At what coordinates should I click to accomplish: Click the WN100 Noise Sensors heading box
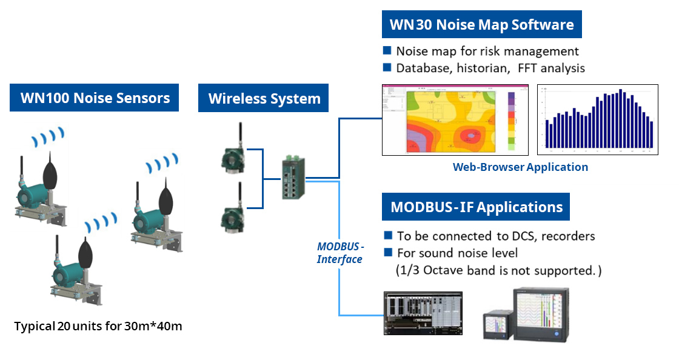[x=94, y=98]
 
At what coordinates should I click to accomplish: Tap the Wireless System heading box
[x=264, y=98]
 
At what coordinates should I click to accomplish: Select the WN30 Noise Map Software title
[x=481, y=25]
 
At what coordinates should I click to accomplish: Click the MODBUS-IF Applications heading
[x=476, y=207]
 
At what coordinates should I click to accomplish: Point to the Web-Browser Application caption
[x=520, y=167]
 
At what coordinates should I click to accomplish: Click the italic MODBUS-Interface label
[x=340, y=253]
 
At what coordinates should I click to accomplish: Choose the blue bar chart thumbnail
[x=597, y=119]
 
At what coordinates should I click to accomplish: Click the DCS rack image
[x=423, y=313]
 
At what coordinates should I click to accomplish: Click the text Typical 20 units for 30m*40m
[x=98, y=326]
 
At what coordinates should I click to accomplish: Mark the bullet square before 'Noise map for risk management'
[x=387, y=51]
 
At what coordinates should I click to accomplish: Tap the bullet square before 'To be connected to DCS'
[x=388, y=235]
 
